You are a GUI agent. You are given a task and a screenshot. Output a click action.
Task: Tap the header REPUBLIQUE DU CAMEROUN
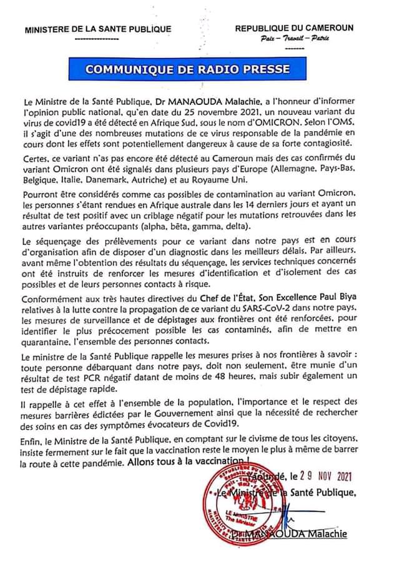click(x=294, y=28)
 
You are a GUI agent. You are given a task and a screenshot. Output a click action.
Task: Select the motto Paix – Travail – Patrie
click(x=295, y=39)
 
